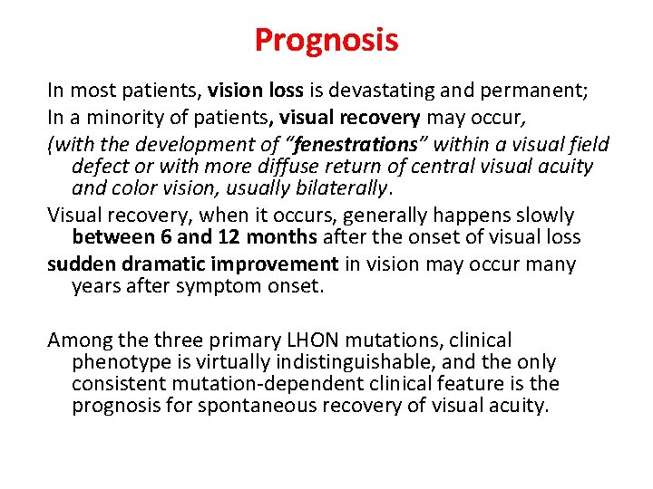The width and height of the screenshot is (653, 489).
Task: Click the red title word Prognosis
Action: pos(326,41)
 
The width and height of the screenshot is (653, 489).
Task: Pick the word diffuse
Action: pos(306,167)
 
